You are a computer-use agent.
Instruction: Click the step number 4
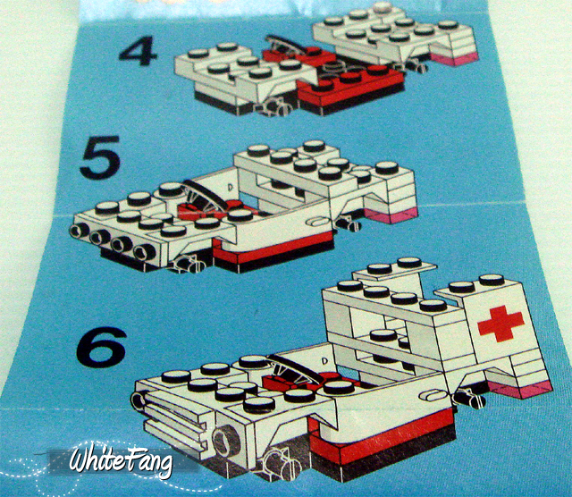(x=138, y=50)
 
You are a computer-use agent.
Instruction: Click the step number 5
(x=100, y=157)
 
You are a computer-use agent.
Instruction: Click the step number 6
(x=101, y=348)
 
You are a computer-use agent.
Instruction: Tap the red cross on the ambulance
(x=500, y=324)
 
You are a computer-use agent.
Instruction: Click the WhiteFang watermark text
(x=121, y=459)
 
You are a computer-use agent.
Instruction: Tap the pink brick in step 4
(x=455, y=59)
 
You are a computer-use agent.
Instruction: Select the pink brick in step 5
(x=391, y=216)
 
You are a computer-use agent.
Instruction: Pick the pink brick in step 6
(x=521, y=391)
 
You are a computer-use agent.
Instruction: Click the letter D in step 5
(x=231, y=188)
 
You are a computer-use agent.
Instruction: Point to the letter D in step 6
(x=324, y=361)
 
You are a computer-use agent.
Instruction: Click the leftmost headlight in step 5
(x=80, y=231)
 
